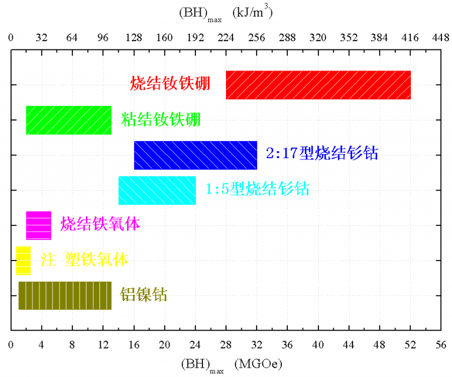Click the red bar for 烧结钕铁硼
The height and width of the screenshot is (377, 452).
click(x=318, y=85)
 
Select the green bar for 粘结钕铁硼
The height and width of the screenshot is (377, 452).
click(x=68, y=120)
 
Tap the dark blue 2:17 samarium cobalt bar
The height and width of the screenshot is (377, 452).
click(x=195, y=155)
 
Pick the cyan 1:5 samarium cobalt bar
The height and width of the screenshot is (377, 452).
click(x=157, y=190)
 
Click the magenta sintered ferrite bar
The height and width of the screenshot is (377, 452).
click(x=38, y=225)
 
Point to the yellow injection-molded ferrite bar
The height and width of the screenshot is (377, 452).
click(x=23, y=260)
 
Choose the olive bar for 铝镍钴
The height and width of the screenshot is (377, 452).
click(x=65, y=295)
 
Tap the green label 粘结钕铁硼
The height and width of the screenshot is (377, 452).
click(x=161, y=119)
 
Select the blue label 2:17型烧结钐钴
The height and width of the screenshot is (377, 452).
click(x=321, y=154)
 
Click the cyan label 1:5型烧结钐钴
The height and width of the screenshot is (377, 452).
click(x=257, y=189)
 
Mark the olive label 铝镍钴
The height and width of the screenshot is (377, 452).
click(x=144, y=295)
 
